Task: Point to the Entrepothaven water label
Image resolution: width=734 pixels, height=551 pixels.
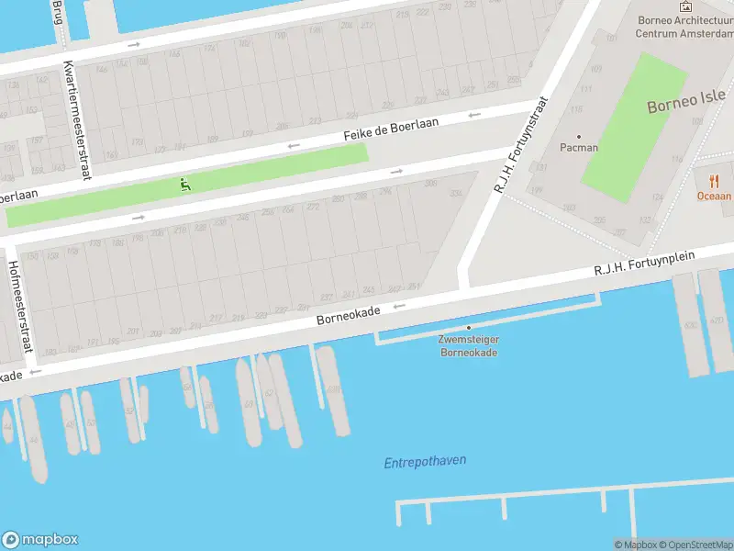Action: click(425, 462)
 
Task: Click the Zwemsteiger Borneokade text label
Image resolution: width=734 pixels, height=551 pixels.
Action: click(468, 345)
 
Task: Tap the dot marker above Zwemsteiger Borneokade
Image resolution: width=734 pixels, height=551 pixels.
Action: click(469, 328)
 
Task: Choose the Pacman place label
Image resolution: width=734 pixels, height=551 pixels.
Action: click(579, 147)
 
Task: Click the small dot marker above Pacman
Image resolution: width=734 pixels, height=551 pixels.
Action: click(579, 136)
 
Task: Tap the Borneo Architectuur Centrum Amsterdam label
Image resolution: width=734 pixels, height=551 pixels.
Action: click(684, 27)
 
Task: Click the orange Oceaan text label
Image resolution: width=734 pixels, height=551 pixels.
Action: click(714, 196)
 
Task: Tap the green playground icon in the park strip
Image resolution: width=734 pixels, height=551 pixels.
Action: click(185, 185)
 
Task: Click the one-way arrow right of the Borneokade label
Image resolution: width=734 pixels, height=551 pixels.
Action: click(399, 307)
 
